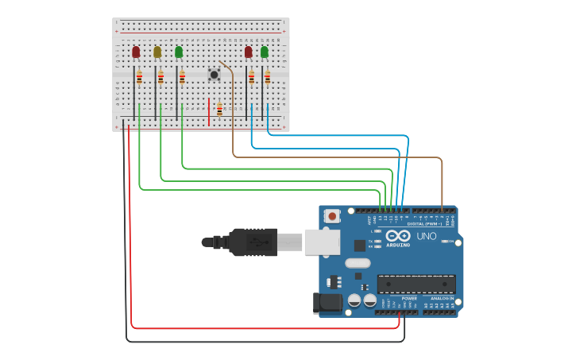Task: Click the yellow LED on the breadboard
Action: pyautogui.click(x=157, y=52)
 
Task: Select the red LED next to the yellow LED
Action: pyautogui.click(x=136, y=52)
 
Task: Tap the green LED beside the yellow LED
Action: pyautogui.click(x=179, y=52)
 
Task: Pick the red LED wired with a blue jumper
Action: pyautogui.click(x=249, y=52)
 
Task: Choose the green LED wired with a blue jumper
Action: pyautogui.click(x=265, y=52)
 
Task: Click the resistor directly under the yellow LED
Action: pyautogui.click(x=160, y=77)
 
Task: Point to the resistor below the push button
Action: pyautogui.click(x=219, y=110)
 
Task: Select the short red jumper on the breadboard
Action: pyautogui.click(x=209, y=110)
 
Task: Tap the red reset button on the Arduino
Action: pyautogui.click(x=332, y=216)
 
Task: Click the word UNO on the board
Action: pyautogui.click(x=427, y=236)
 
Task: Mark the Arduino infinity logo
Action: pyautogui.click(x=398, y=235)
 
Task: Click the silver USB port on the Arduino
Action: pyautogui.click(x=322, y=242)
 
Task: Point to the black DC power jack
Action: pyautogui.click(x=327, y=302)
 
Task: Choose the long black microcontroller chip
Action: pyautogui.click(x=416, y=284)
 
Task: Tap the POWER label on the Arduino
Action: pyautogui.click(x=409, y=298)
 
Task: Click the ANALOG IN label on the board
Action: pyautogui.click(x=442, y=298)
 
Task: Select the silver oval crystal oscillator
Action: pyautogui.click(x=358, y=262)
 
